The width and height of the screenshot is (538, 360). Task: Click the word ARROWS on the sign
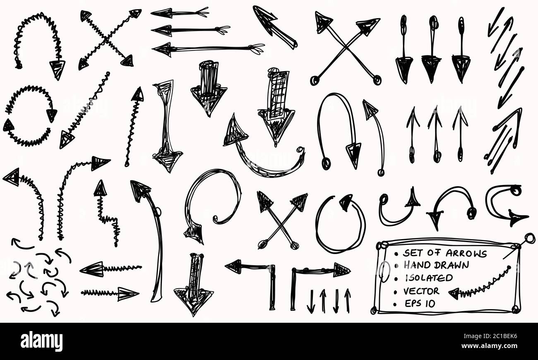[x=466, y=254]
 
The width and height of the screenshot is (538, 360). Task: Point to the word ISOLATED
[x=429, y=278]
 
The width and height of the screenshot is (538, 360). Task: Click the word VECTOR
[x=421, y=291]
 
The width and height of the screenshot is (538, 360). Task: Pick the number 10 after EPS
[x=430, y=304]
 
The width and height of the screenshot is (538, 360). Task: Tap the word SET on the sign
[x=413, y=253]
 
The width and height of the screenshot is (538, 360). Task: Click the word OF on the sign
[x=434, y=253]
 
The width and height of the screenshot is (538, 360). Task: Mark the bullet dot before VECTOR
[x=395, y=292]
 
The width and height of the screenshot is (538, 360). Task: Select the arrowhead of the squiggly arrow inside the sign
[x=454, y=294]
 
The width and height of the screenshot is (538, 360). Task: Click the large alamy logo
[x=41, y=341]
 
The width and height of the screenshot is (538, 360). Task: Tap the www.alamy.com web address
[x=490, y=346]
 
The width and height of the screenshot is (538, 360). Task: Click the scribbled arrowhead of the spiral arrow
[x=194, y=234]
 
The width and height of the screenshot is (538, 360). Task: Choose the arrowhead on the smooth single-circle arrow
[x=346, y=202]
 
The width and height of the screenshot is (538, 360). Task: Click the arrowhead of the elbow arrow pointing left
[x=233, y=266]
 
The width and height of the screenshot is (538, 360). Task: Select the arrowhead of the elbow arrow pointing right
[x=342, y=270]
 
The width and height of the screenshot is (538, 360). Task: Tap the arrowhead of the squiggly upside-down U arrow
[x=57, y=69]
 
